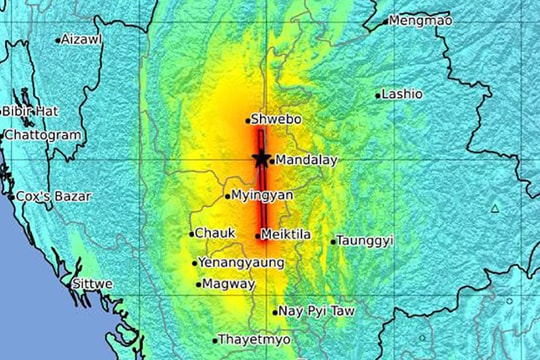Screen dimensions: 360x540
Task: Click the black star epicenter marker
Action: pos(261,158)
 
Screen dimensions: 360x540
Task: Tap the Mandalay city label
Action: pos(306,160)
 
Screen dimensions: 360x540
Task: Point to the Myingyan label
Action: pos(262,195)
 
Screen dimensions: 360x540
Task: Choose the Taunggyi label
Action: pos(366,241)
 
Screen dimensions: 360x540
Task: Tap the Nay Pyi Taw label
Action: pos(317,311)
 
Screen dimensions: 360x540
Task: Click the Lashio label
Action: pos(402,94)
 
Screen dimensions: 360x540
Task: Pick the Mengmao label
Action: pos(419,20)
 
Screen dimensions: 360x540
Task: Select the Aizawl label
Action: pos(81,39)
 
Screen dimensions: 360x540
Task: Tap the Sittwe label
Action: pos(92,284)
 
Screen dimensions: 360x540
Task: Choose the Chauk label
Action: pos(215,233)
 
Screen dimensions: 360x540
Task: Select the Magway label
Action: pos(228,284)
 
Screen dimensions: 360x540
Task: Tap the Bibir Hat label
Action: pos(31,111)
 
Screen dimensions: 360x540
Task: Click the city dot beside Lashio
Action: pos(378,96)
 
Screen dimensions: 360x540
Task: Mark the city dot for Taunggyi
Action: pos(333,241)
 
